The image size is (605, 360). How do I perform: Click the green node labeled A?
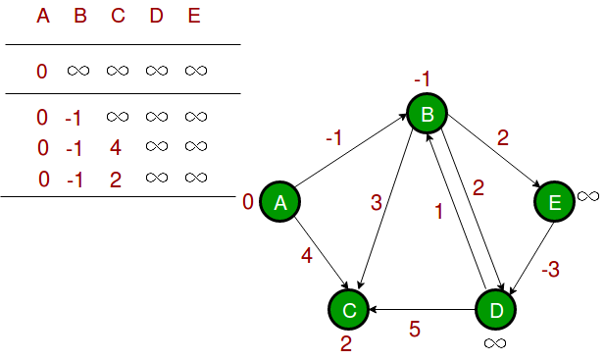point(279,202)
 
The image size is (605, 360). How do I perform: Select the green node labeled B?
point(428,115)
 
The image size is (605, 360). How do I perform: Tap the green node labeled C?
point(348,309)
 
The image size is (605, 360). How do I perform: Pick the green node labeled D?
point(495,309)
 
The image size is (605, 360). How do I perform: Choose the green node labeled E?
point(554,202)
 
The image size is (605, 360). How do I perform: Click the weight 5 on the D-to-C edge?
point(414,330)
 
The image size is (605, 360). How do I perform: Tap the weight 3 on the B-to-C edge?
point(376,202)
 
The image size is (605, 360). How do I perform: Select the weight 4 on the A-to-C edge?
point(306,257)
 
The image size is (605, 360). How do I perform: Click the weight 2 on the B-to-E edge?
point(503,138)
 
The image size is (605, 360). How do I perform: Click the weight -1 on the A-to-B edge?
point(334,138)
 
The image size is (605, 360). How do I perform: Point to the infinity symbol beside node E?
point(588,196)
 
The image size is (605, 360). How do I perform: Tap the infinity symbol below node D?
point(495,342)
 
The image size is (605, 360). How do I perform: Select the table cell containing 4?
point(116,148)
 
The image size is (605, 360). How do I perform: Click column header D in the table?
point(157,17)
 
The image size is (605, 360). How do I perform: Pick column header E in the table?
point(194,17)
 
